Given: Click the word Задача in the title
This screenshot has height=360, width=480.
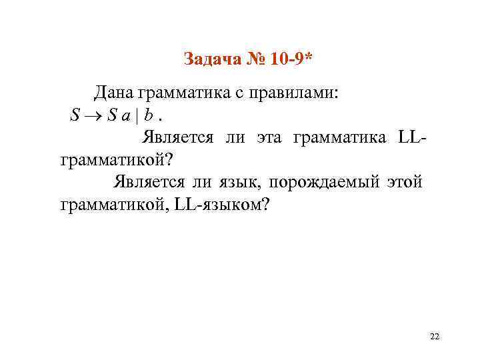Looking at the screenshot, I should (208, 61).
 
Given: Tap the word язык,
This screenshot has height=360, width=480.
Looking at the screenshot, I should (239, 182).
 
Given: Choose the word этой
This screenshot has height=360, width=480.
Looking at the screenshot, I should (404, 182).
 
